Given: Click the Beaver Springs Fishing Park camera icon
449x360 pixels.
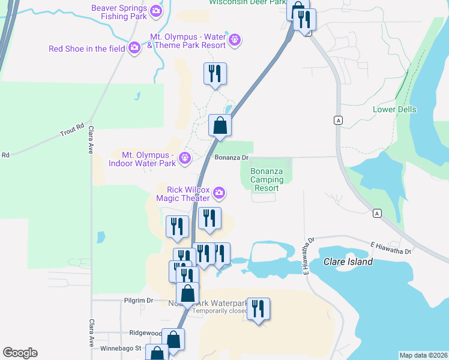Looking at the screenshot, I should [156, 11].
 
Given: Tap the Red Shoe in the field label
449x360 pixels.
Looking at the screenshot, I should [86, 49].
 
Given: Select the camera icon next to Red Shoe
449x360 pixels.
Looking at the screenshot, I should [134, 48].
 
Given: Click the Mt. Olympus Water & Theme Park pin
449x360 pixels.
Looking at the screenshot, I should [235, 40].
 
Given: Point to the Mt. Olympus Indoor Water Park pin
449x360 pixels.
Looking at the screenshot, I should [185, 158].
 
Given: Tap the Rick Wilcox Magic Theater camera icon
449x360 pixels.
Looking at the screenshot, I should [220, 193].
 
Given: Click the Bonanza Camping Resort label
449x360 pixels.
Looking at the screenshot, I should [264, 179].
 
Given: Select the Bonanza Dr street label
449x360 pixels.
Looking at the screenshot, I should [232, 158].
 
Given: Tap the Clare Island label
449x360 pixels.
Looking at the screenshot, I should [348, 262].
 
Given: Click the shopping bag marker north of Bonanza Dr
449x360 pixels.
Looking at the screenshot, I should [220, 126].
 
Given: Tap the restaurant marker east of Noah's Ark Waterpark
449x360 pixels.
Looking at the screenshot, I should [258, 310].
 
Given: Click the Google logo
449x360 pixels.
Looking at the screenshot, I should [20, 353].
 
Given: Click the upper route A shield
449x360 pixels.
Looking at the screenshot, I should [339, 121].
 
